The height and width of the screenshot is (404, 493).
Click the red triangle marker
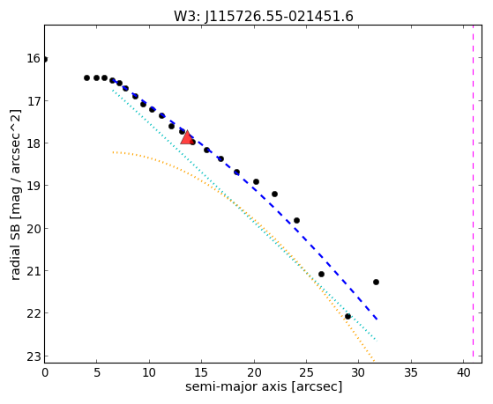point(187,137)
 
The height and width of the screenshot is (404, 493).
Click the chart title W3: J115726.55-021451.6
point(264,17)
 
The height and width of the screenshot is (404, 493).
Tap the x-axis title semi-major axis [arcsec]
point(264,386)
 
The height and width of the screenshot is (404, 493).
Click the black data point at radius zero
point(45,59)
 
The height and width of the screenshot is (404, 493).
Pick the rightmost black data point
point(376,282)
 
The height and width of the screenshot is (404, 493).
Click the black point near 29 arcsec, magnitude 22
point(347,316)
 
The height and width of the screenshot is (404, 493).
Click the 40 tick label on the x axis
point(463,373)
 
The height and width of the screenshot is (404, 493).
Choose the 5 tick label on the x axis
point(97,373)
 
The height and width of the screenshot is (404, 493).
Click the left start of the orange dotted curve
point(113,152)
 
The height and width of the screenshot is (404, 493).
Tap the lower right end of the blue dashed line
point(377,320)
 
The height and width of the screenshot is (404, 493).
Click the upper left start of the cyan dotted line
point(113,90)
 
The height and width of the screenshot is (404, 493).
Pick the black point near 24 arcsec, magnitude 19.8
point(296,220)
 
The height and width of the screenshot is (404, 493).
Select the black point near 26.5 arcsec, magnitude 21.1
point(321,274)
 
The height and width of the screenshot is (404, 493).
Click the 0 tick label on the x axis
point(45,373)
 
